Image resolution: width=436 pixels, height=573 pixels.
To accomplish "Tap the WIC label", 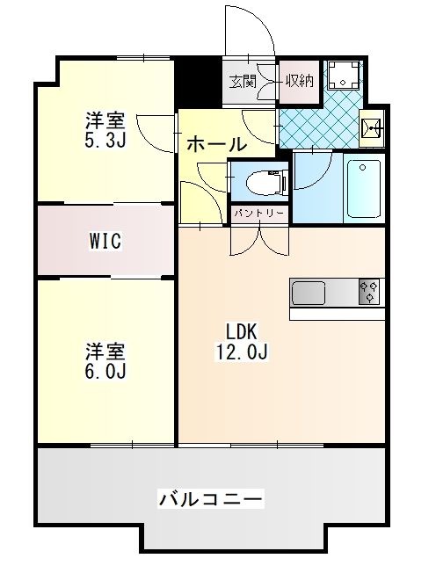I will pos(105,242).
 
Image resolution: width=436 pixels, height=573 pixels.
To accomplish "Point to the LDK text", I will pos(241,333).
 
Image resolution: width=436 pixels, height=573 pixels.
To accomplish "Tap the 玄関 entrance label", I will pos(243,82).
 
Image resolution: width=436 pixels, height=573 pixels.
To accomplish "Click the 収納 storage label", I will pos(299,82).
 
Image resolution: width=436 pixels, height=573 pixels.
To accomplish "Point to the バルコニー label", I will pos(210,500).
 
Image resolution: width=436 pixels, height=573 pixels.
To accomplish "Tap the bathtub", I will pos(363,187).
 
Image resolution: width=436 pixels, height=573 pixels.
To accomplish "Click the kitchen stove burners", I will pos(369,292).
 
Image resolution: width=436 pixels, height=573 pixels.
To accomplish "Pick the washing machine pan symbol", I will pos(343,76).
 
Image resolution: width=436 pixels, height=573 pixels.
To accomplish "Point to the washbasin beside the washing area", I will pos(372,130).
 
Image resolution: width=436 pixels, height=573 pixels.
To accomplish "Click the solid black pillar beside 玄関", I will pos(198,82).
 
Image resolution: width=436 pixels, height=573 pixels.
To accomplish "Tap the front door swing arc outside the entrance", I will pos(249,31).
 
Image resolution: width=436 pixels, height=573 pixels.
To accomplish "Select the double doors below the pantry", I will pos(259,237).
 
